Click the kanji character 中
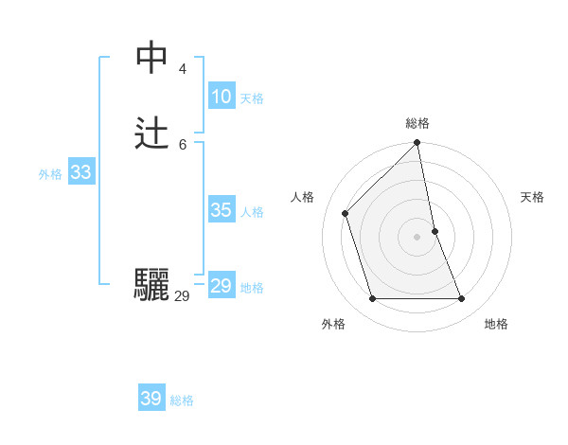(x=151, y=59)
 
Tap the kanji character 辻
(x=151, y=134)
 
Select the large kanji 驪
(x=151, y=285)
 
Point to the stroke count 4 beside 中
(x=183, y=68)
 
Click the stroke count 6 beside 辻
(x=183, y=144)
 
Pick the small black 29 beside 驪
(x=182, y=296)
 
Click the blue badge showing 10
(x=221, y=97)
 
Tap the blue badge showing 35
(x=221, y=210)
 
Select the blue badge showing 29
(x=221, y=286)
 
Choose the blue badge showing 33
(x=80, y=172)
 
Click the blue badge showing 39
(x=151, y=399)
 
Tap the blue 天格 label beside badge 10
(x=252, y=98)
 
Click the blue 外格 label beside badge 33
(x=50, y=174)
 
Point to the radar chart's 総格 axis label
(x=417, y=123)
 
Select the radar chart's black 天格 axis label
(x=532, y=197)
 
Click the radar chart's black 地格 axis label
(x=496, y=324)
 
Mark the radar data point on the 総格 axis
(x=417, y=143)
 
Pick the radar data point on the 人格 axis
(x=346, y=213)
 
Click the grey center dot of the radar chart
(x=417, y=236)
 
